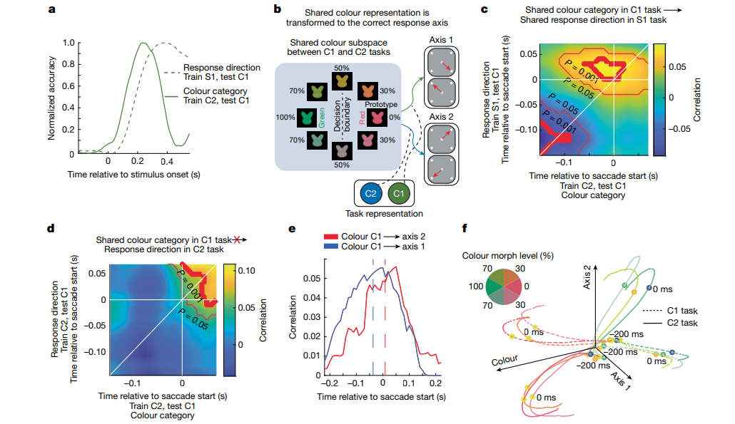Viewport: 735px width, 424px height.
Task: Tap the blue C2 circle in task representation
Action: coord(370,194)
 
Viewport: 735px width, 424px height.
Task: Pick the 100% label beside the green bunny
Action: coord(286,116)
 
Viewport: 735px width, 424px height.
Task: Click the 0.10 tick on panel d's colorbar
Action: coord(266,271)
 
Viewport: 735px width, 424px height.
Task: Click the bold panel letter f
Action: coord(466,229)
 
